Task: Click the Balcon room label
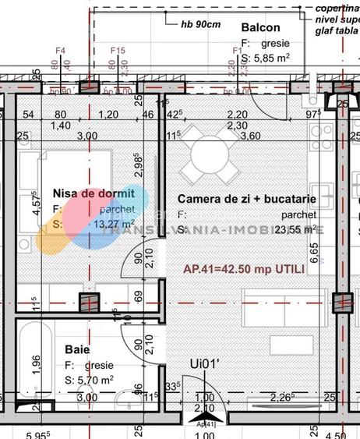tap(261, 27)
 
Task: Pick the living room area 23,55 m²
tap(295, 229)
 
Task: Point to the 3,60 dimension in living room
tap(251, 136)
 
